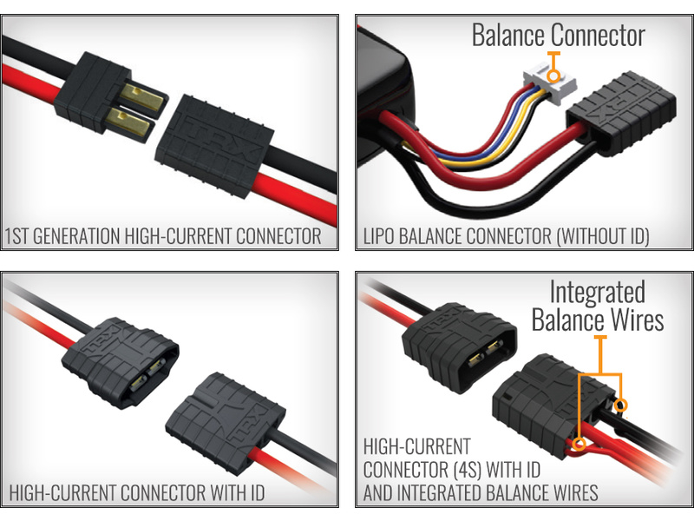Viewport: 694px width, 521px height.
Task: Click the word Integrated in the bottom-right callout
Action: tap(598, 292)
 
